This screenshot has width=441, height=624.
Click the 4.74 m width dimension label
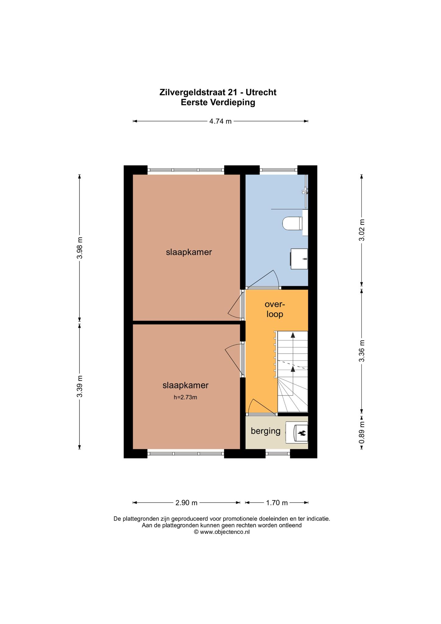point(220,121)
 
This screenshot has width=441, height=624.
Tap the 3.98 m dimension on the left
point(79,248)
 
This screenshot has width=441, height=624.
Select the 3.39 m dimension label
point(79,386)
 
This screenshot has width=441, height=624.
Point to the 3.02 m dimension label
point(362,230)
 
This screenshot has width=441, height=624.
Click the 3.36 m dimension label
point(362,351)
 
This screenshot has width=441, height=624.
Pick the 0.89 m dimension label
point(362,433)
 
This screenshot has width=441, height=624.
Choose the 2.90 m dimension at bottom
point(186,503)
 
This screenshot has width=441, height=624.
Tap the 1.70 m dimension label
point(277,503)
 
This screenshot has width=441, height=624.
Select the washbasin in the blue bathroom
point(299,259)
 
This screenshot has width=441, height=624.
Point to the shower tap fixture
point(305,191)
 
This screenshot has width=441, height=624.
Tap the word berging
point(266,431)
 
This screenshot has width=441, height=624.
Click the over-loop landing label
point(275,309)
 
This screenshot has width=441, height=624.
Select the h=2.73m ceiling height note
point(185,397)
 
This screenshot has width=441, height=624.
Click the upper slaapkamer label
point(189,252)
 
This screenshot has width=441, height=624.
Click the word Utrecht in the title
point(261,92)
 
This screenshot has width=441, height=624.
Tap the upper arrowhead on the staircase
point(293,335)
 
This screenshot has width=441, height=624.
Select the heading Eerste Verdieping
point(218,102)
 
